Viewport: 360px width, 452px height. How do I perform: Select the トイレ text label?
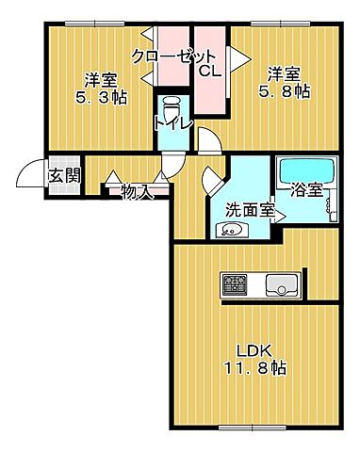pos(172,122)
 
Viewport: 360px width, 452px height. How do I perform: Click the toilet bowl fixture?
pos(172,104)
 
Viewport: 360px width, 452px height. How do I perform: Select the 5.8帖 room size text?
pos(284,91)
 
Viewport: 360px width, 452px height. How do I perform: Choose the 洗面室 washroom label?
pos(249,209)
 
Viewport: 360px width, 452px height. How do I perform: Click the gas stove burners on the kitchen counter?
pos(234,284)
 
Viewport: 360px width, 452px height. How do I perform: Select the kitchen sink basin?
pos(282,284)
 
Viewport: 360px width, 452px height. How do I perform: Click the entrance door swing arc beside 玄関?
pos(30,176)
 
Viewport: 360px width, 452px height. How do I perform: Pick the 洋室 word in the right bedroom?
pos(281,73)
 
